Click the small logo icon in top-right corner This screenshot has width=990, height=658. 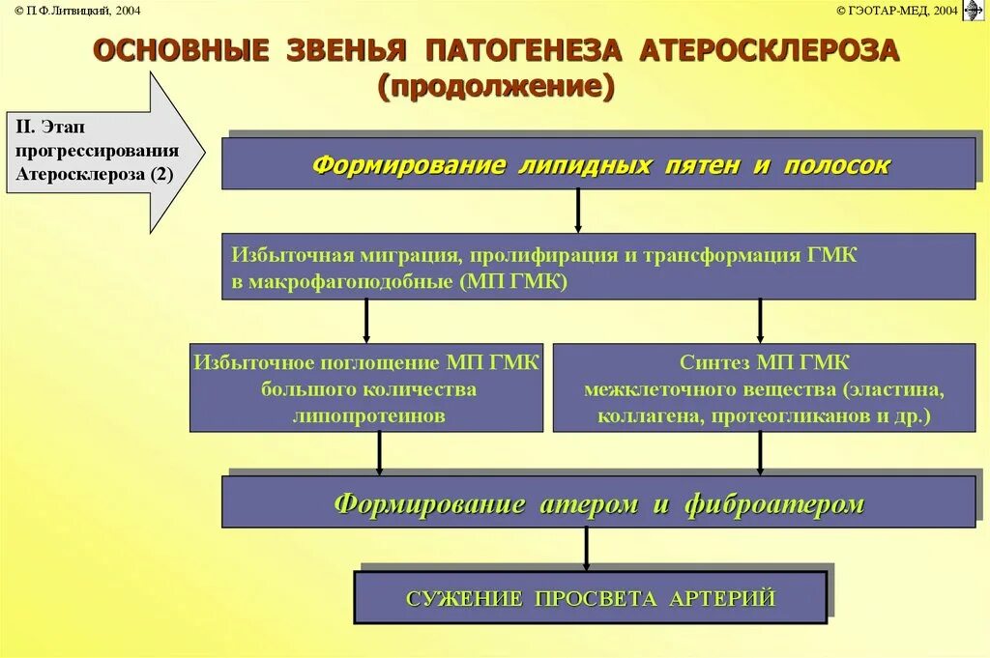coord(974,10)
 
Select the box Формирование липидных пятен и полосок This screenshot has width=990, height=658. coord(598,164)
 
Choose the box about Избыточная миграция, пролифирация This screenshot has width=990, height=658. coord(598,267)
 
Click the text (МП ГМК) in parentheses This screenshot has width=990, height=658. coord(514,282)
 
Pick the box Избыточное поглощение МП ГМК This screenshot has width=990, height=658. coord(366,388)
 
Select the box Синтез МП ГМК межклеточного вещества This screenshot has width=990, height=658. coord(764,388)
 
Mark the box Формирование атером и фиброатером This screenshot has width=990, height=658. coord(598,503)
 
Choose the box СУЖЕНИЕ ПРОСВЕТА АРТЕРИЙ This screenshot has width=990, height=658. coord(590,598)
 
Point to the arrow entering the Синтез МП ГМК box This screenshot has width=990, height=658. coord(761,321)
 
